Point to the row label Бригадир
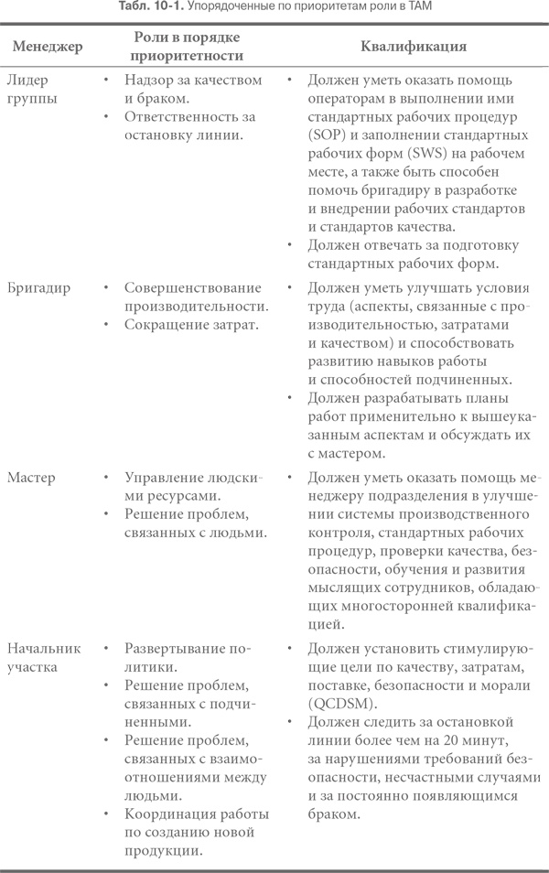(x=42, y=288)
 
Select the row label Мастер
(x=32, y=478)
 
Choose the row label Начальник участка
(x=44, y=656)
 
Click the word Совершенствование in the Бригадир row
(x=193, y=288)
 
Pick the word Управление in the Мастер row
(x=165, y=478)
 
